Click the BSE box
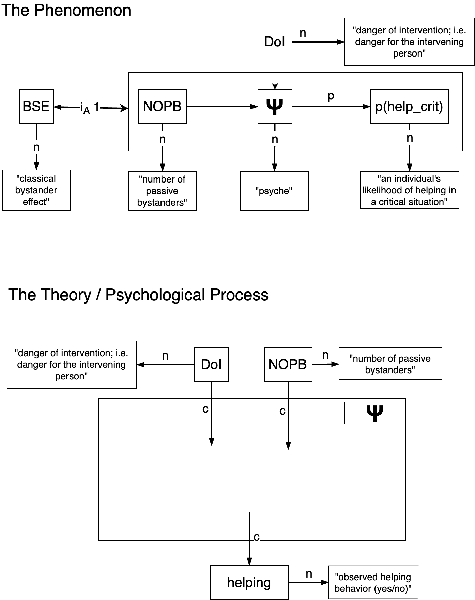pyautogui.click(x=36, y=107)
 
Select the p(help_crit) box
pyautogui.click(x=409, y=107)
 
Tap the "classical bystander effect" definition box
pyautogui.click(x=36, y=190)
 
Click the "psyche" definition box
pyautogui.click(x=274, y=191)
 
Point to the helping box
pyautogui.click(x=249, y=582)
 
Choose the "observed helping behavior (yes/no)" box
pyautogui.click(x=373, y=582)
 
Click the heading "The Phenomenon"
pyautogui.click(x=66, y=10)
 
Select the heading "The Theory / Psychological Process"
pyautogui.click(x=138, y=295)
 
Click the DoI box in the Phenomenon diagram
pyautogui.click(x=275, y=42)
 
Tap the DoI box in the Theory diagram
pyautogui.click(x=211, y=364)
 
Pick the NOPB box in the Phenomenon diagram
pyautogui.click(x=162, y=107)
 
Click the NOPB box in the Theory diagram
pyautogui.click(x=288, y=364)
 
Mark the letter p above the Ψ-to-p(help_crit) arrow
pyautogui.click(x=331, y=97)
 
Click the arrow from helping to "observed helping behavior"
pyautogui.click(x=308, y=582)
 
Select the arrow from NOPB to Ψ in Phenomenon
pyautogui.click(x=221, y=107)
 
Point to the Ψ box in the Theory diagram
pyautogui.click(x=375, y=413)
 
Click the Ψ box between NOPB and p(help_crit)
pyautogui.click(x=275, y=107)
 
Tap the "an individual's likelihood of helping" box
pyautogui.click(x=409, y=190)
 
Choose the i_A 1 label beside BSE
pyautogui.click(x=90, y=108)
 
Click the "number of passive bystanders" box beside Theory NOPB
pyautogui.click(x=390, y=364)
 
